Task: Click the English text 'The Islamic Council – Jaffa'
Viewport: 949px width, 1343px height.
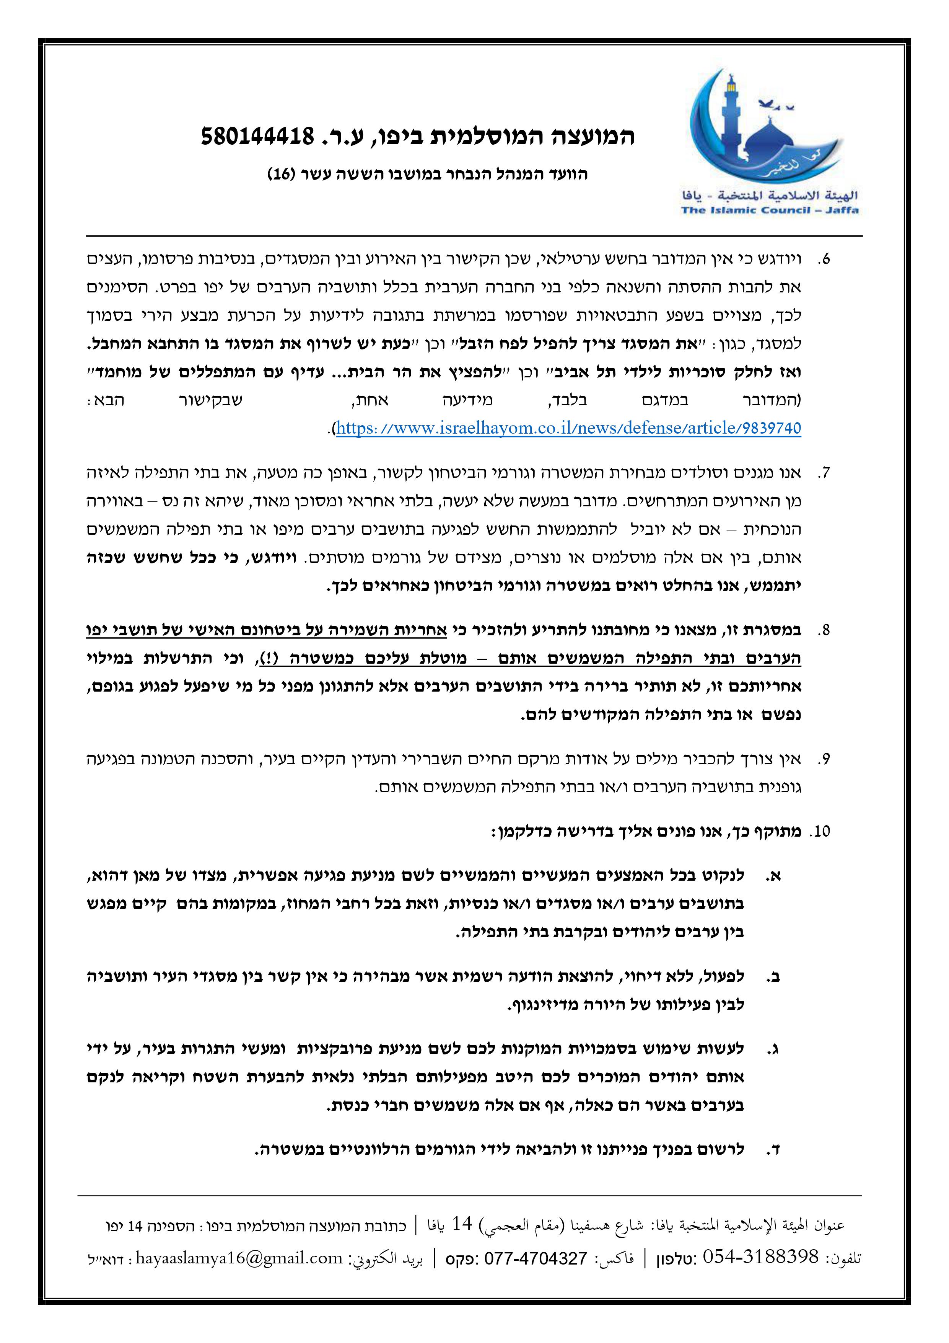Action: (x=770, y=210)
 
